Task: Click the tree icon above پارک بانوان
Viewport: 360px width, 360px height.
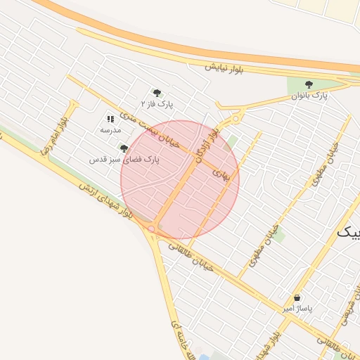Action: [309, 84]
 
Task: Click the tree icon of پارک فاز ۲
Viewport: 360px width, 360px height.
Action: [157, 92]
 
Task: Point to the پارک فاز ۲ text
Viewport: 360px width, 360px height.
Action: [157, 103]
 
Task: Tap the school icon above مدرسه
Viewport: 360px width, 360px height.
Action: [110, 119]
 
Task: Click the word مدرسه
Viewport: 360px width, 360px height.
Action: [110, 130]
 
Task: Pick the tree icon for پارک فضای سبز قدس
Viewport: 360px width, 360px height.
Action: [124, 148]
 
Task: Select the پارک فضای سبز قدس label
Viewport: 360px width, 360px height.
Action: [124, 160]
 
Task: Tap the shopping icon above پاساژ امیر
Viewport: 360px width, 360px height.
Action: [297, 297]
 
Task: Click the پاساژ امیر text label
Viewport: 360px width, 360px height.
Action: [297, 309]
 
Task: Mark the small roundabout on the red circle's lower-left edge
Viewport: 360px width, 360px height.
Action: [151, 229]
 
